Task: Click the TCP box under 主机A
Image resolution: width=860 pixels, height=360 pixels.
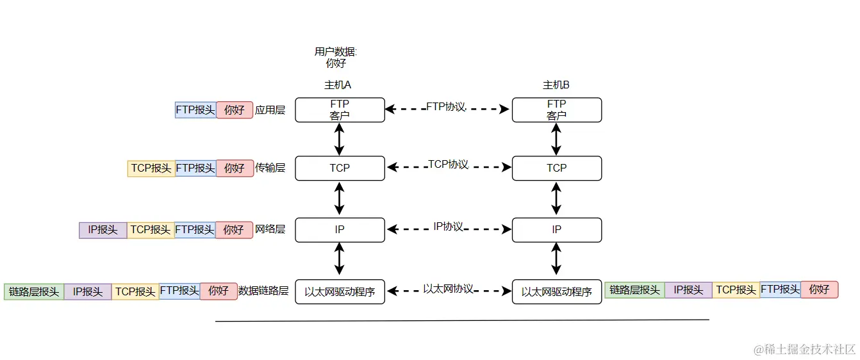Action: (x=340, y=168)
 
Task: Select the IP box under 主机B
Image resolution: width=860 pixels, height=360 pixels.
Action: (x=556, y=229)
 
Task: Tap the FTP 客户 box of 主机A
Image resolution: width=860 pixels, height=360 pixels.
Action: (x=340, y=110)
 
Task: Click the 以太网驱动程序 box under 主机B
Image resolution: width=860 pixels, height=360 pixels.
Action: (x=556, y=291)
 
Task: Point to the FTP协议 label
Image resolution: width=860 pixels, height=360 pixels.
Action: (x=446, y=107)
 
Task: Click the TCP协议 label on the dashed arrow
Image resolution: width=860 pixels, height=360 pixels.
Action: (x=448, y=165)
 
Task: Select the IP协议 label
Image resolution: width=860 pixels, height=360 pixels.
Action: (x=448, y=227)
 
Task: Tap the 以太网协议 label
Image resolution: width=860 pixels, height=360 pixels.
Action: (x=448, y=289)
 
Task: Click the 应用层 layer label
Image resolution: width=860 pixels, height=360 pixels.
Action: (x=270, y=110)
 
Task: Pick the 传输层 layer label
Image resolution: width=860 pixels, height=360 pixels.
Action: (x=270, y=168)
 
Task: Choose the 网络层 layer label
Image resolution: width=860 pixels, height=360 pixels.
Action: (x=270, y=229)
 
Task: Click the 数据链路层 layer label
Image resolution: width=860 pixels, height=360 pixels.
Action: (x=263, y=291)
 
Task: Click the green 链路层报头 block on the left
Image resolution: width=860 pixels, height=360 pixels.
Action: (x=34, y=291)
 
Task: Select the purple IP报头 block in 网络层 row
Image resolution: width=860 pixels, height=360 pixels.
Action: (x=103, y=229)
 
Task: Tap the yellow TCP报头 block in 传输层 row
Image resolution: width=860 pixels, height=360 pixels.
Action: (x=151, y=168)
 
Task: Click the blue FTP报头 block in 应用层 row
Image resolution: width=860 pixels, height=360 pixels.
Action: (x=195, y=110)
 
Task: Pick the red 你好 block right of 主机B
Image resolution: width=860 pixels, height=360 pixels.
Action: (x=819, y=290)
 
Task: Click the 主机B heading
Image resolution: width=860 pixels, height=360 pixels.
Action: (x=556, y=85)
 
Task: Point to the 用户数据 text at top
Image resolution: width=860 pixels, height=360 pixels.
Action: (x=336, y=52)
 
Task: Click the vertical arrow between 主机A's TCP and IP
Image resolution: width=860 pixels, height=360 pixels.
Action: (x=340, y=199)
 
